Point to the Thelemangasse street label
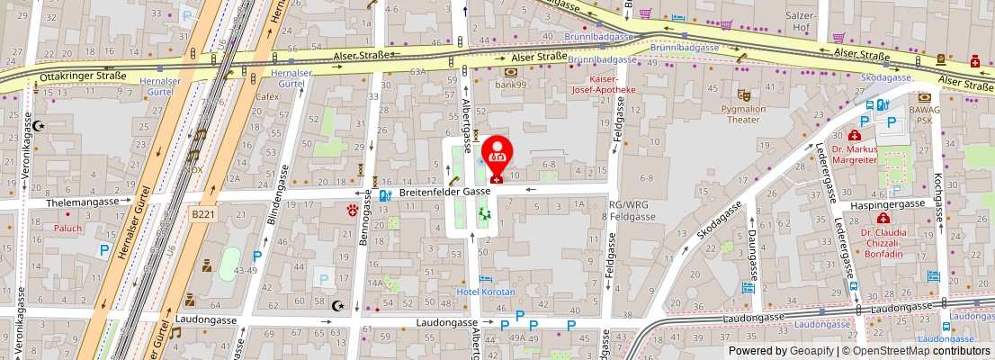tap(87, 202)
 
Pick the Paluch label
tap(67, 228)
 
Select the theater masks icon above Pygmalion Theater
tap(743, 94)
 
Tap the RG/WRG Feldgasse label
tap(627, 211)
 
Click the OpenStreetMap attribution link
tap(892, 351)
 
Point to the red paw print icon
tap(353, 210)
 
